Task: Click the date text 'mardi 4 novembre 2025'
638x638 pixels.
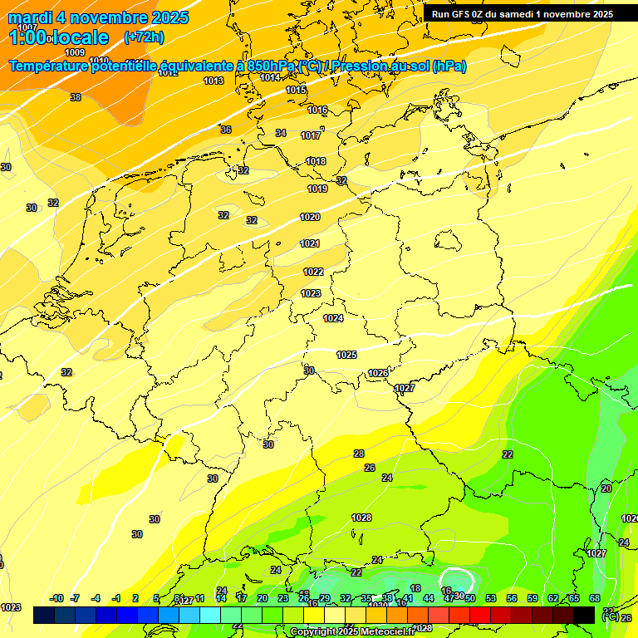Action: pos(98,17)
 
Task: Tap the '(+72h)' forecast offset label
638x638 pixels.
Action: pos(144,37)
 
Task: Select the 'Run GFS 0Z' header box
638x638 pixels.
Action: pos(523,13)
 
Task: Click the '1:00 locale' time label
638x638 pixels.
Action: pos(59,37)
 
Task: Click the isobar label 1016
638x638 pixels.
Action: pos(317,110)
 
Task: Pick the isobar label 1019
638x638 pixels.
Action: pos(317,189)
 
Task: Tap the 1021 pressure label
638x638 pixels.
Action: pos(310,243)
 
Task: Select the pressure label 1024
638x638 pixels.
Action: pos(333,318)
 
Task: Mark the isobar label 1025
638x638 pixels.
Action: pos(346,355)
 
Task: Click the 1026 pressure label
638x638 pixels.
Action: pos(378,373)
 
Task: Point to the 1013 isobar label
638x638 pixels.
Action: pos(213,81)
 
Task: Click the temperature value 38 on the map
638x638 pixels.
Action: pos(76,97)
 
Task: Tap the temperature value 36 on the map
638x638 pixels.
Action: pos(226,130)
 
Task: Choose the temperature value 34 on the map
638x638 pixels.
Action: pos(281,133)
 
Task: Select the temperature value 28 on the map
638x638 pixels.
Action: pos(359,454)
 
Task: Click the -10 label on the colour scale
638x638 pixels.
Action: pos(57,598)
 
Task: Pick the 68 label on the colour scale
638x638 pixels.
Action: pos(595,598)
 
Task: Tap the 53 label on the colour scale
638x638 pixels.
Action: pos(491,598)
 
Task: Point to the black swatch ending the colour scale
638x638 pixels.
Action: pos(584,615)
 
